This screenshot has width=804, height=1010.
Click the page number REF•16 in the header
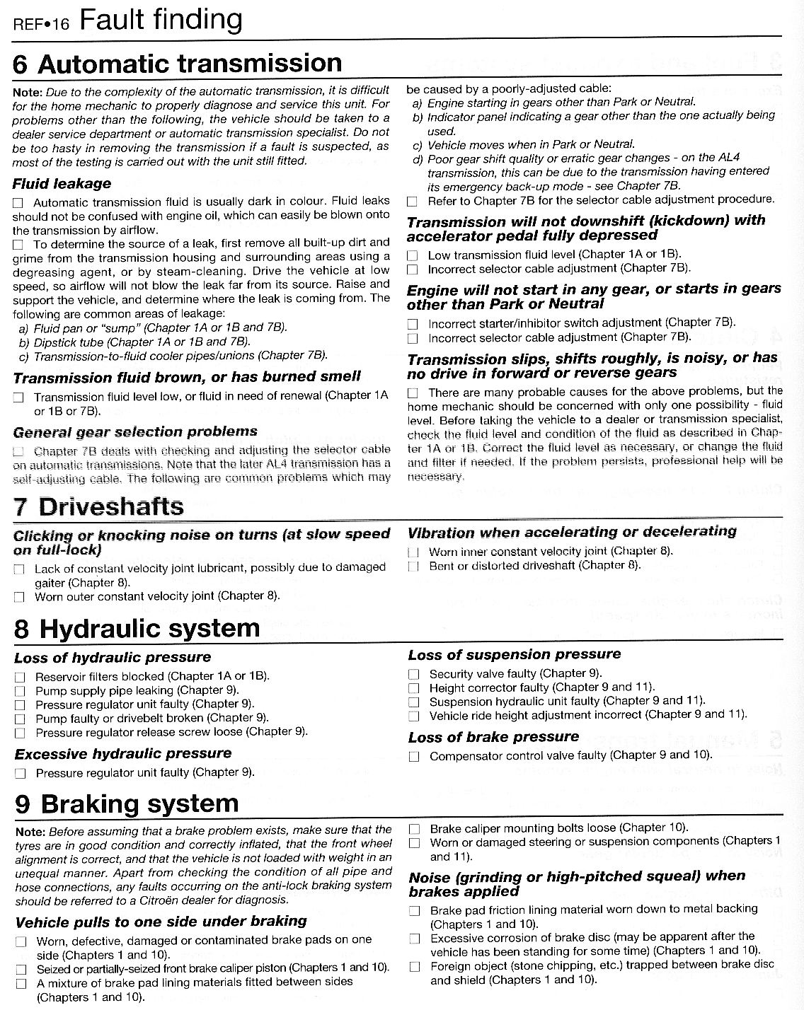[41, 23]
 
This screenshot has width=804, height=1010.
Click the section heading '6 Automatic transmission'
[177, 64]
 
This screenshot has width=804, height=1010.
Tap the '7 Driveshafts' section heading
[99, 506]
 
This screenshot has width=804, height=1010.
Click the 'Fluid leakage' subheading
[62, 184]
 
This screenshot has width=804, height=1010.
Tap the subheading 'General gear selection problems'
[135, 431]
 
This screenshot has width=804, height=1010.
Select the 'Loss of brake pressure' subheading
[493, 737]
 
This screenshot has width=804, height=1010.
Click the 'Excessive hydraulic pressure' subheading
[123, 754]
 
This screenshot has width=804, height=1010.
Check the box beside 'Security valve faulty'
[414, 675]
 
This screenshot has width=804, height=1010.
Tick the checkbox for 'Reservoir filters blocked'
[20, 678]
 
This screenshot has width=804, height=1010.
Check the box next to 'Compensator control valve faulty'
[414, 757]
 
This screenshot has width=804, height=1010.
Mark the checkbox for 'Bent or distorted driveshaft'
[413, 566]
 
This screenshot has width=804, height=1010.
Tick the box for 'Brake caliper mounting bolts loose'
[415, 829]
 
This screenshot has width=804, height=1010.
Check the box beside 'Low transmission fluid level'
[413, 255]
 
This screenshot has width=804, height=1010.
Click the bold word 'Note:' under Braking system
[30, 830]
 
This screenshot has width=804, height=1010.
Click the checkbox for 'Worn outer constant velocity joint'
[20, 597]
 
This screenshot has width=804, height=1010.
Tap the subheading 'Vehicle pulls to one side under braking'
[161, 922]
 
